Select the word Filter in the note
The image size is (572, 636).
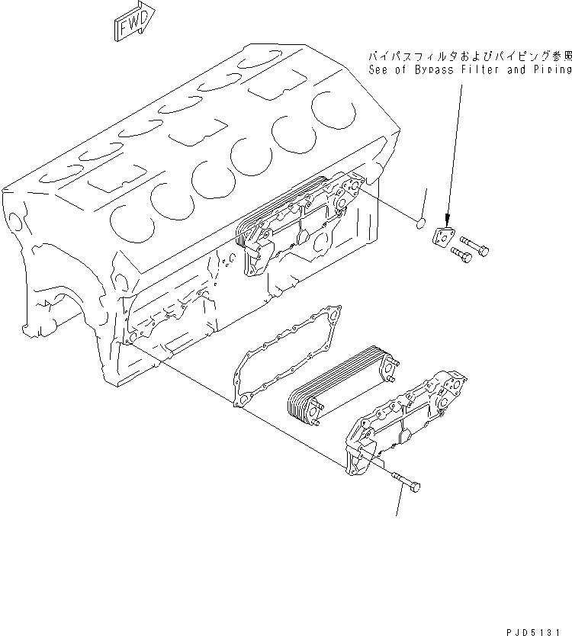coord(487,69)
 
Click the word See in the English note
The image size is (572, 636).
coord(379,69)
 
